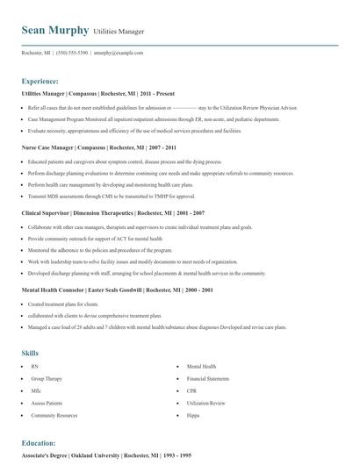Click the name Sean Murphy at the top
click(x=54, y=30)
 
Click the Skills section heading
click(x=30, y=353)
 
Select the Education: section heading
click(x=39, y=443)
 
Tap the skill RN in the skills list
click(x=34, y=366)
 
